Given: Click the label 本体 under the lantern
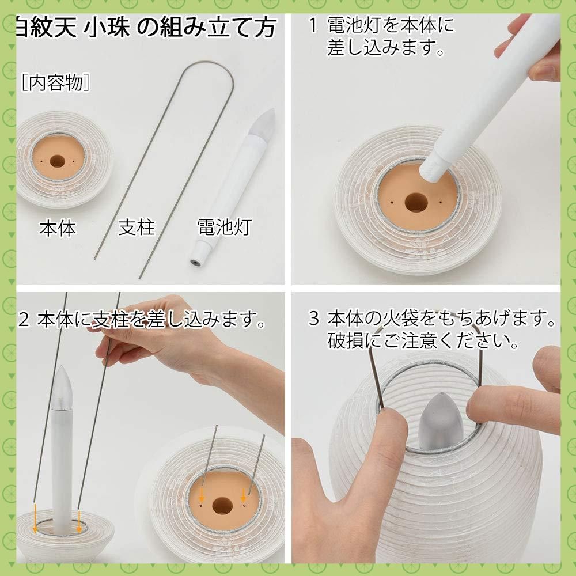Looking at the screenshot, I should [57, 229].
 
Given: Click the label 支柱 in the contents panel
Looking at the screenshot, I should [137, 228].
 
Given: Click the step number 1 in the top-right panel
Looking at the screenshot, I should [312, 26].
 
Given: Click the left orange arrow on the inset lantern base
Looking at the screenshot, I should [203, 496].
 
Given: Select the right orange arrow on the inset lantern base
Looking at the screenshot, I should [243, 495].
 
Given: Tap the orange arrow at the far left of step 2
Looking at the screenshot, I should [35, 516].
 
